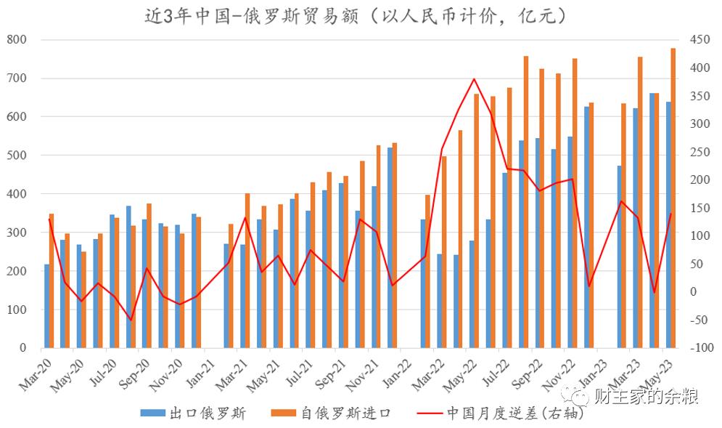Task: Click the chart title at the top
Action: pyautogui.click(x=356, y=17)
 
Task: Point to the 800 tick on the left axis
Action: pyautogui.click(x=17, y=39)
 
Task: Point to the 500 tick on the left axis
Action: pyautogui.click(x=17, y=155)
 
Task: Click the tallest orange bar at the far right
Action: pyautogui.click(x=673, y=196)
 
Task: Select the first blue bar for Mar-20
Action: pyautogui.click(x=46, y=305)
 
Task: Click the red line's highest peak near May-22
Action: pyautogui.click(x=474, y=78)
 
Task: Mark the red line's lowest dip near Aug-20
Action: pyautogui.click(x=131, y=320)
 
